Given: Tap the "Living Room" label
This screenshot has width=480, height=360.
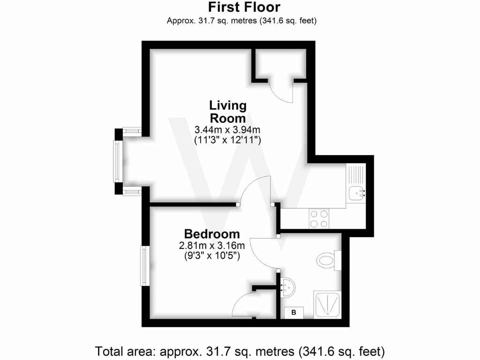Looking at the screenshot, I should [x=227, y=111].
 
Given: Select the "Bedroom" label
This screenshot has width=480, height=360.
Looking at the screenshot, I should [x=212, y=233].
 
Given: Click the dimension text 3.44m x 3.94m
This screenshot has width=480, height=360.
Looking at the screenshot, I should [x=227, y=129].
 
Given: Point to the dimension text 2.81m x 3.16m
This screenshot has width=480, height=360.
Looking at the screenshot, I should [x=212, y=246].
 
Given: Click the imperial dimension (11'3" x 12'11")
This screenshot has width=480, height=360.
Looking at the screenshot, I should [x=227, y=139].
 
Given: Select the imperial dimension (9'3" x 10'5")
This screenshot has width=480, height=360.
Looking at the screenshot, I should [x=212, y=256].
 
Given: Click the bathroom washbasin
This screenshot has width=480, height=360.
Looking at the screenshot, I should [x=287, y=285].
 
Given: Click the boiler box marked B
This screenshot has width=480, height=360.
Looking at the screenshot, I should [x=294, y=312].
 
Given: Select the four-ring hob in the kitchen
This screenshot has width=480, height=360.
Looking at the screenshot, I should [x=319, y=218].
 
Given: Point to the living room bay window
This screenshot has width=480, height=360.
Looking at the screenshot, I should [x=118, y=161].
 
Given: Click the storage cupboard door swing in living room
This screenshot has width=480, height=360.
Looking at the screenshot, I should [x=281, y=91].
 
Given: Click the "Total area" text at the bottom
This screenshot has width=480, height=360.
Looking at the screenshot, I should [x=240, y=351].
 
